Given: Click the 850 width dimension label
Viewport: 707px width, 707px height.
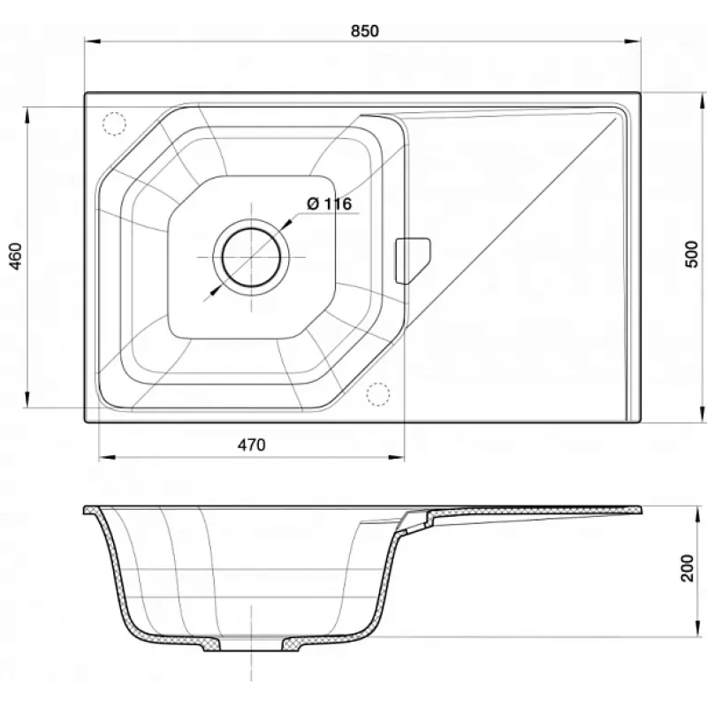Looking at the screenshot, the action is (x=365, y=31).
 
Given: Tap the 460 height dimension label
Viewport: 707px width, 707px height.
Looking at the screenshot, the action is (x=16, y=256).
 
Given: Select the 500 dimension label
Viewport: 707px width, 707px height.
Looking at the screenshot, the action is (x=691, y=255).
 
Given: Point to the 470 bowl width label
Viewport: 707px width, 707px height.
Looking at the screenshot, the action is (x=252, y=445).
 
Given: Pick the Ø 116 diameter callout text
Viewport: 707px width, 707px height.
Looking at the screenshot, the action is (x=329, y=204).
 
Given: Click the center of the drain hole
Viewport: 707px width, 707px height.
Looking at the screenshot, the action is (x=252, y=257).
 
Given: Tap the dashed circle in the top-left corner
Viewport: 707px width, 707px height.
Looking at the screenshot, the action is (x=114, y=123).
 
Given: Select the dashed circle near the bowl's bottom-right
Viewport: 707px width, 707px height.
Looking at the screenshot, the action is (x=378, y=394).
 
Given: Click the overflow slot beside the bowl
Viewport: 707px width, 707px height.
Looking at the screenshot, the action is (x=412, y=261).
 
